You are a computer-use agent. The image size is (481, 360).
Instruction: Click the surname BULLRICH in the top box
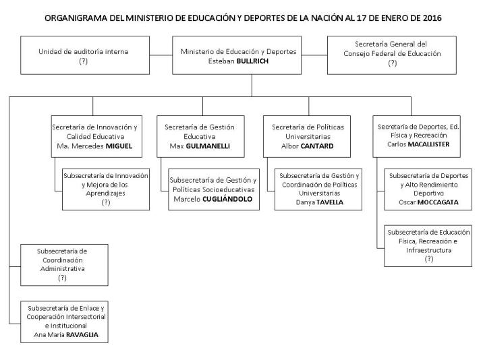[x=268, y=61]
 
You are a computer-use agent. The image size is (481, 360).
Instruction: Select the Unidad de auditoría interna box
[x=84, y=56]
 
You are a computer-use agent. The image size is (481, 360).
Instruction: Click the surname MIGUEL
[x=118, y=146]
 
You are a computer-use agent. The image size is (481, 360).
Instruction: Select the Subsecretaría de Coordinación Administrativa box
[x=62, y=264]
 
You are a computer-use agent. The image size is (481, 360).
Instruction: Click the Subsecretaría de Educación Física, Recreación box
[x=428, y=245]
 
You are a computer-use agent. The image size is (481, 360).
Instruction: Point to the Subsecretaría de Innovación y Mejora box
[x=105, y=188]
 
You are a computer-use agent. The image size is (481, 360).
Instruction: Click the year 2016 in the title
[x=430, y=18]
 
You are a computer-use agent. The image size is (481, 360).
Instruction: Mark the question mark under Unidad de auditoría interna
[x=84, y=61]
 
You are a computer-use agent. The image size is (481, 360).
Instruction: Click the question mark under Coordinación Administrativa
[x=62, y=277]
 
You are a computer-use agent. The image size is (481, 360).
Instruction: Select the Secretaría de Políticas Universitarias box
[x=308, y=136]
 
